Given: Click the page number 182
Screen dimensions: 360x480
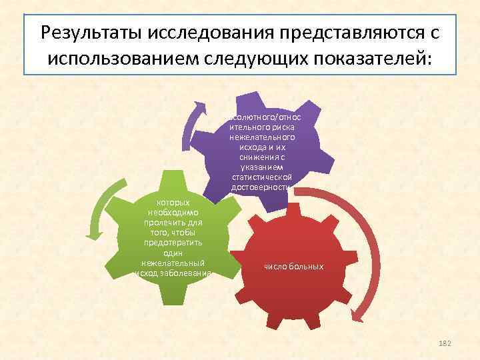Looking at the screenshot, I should [x=445, y=343].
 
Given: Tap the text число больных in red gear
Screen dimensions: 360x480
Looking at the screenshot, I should [x=294, y=267].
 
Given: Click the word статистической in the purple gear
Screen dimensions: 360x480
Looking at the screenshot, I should [x=260, y=177].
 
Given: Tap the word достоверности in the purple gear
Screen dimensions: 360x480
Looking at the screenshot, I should [x=260, y=187].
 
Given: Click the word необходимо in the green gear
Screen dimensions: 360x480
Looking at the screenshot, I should [x=173, y=211].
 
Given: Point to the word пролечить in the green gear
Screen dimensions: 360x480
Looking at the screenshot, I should [x=173, y=221].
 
